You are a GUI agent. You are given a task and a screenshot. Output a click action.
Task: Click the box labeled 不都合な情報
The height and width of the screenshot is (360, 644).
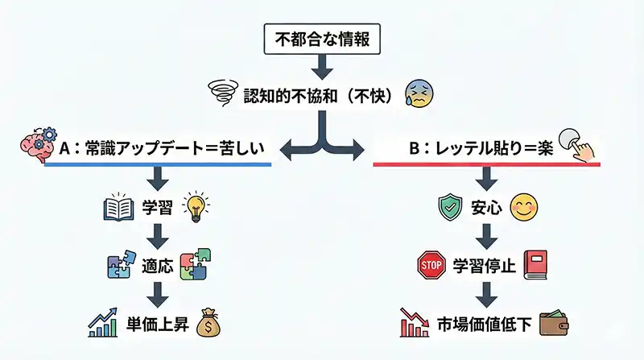[x=321, y=37]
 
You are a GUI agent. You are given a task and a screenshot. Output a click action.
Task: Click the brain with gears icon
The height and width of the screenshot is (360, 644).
[x=37, y=142]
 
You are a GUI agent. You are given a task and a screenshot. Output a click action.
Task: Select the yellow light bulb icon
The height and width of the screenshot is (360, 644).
[x=196, y=206]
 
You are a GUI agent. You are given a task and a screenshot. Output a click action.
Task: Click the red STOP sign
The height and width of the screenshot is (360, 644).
[x=430, y=264]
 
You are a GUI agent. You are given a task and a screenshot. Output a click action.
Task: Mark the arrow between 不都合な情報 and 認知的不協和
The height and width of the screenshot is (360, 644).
[x=321, y=62]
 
